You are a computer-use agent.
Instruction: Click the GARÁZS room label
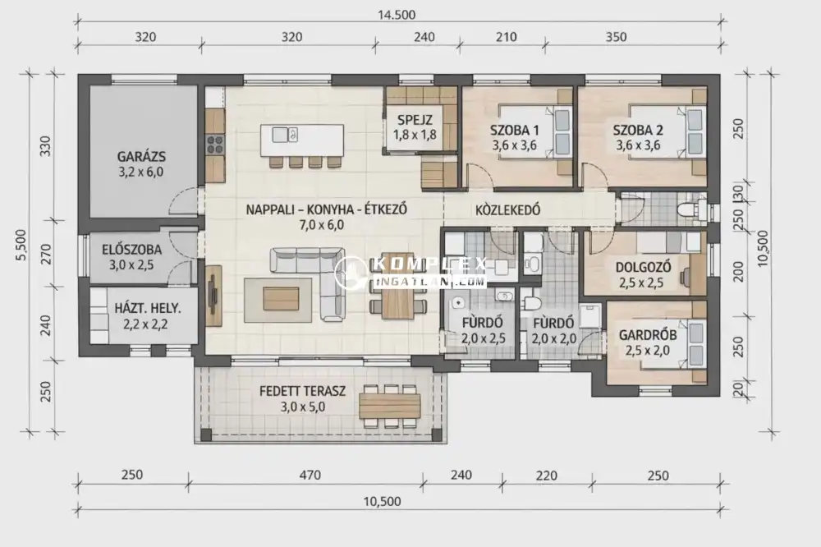(141, 156)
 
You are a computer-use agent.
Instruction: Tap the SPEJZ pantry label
(415, 119)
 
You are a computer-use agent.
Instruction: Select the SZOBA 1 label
(514, 130)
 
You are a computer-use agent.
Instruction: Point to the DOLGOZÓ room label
(643, 267)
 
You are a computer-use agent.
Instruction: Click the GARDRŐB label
(648, 335)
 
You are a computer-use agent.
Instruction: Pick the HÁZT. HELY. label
(148, 308)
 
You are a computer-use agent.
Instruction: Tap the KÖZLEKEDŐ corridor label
(508, 210)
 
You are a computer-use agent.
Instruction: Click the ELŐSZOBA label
(132, 250)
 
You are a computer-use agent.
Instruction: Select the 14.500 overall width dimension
(397, 15)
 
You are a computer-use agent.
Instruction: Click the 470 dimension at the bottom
(310, 476)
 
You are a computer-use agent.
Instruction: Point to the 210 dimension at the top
(506, 37)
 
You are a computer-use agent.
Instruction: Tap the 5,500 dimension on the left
(21, 244)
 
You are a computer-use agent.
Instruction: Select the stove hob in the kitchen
(215, 144)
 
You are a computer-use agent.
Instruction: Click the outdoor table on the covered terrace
(390, 406)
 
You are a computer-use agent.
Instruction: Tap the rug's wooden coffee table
(281, 298)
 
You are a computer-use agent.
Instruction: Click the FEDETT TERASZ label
(303, 391)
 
